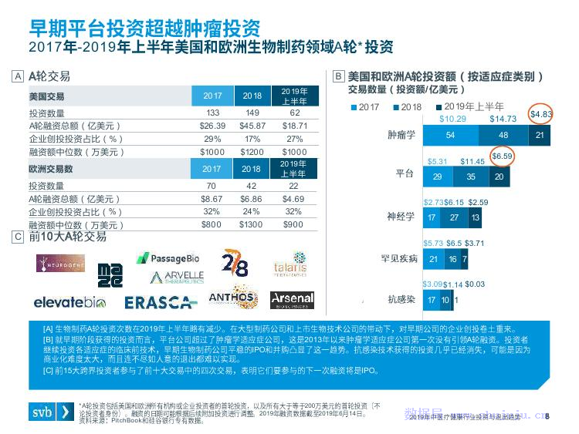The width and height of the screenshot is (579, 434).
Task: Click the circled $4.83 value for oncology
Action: (540, 114)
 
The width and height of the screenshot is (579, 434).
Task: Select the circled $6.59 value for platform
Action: (502, 156)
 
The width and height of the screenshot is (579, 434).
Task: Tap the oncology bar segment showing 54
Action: (450, 135)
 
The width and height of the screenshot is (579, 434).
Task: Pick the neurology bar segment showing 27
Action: (453, 218)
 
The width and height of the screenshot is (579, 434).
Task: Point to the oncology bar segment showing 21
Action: (540, 135)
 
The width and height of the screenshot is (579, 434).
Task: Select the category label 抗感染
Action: (402, 299)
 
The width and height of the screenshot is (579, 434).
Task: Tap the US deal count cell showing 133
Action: (213, 113)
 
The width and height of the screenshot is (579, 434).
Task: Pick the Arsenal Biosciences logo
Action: (292, 299)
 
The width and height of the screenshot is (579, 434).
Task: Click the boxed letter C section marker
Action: (17, 237)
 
